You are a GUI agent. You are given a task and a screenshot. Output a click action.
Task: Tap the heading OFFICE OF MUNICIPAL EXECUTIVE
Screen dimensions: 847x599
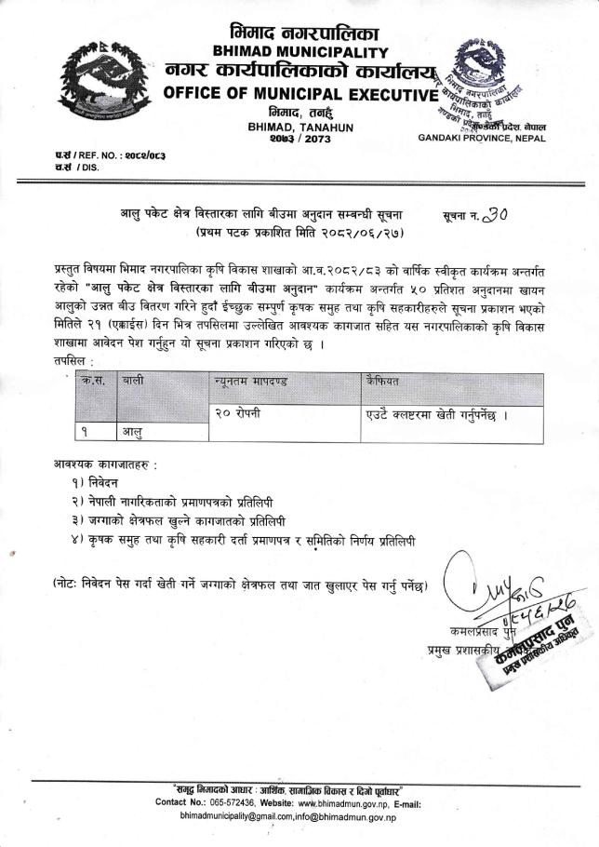[299, 94]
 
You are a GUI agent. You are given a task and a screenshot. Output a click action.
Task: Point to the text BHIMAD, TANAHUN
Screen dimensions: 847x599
[300, 127]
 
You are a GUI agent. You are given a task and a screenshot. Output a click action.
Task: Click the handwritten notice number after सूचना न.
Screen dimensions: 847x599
[496, 214]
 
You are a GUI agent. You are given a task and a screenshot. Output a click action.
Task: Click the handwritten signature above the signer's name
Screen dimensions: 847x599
[484, 587]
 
